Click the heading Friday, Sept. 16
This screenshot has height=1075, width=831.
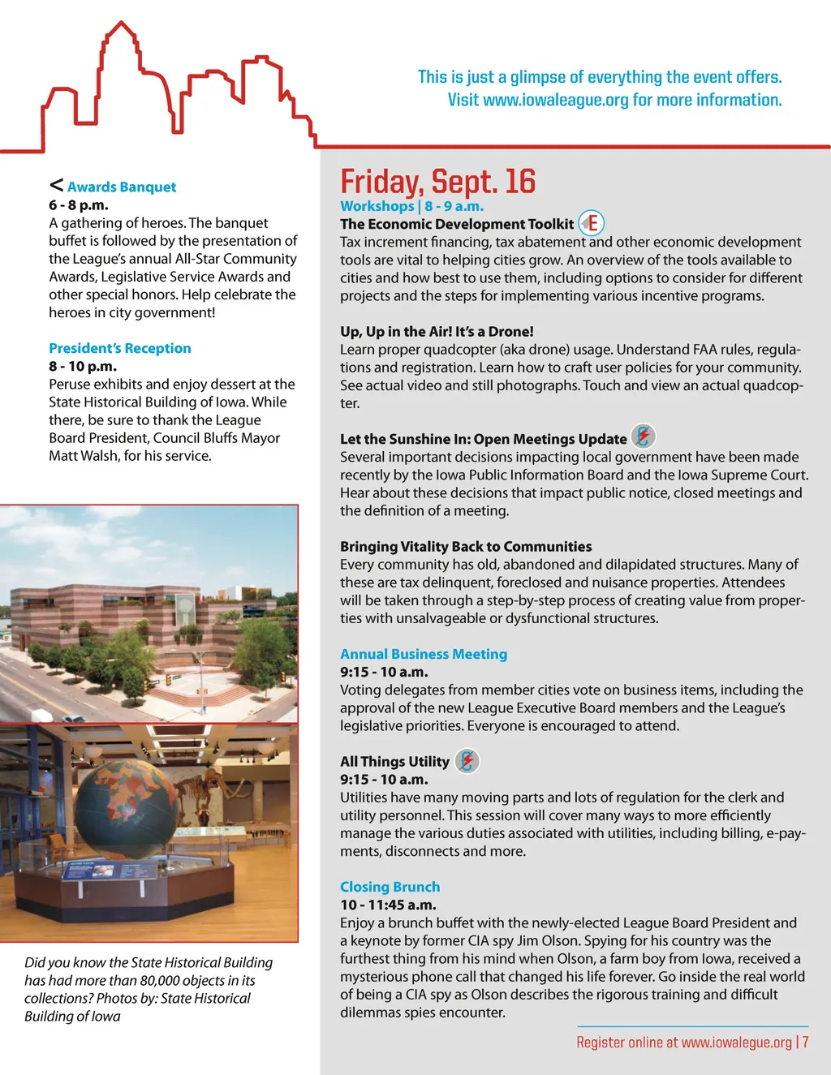[x=437, y=182]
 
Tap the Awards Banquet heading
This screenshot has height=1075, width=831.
[x=121, y=187]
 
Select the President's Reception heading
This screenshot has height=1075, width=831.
[x=119, y=348]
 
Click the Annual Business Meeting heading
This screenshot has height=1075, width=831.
[x=423, y=654]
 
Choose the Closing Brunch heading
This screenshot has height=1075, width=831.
[x=390, y=887]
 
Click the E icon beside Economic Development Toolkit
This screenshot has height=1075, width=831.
[x=592, y=223]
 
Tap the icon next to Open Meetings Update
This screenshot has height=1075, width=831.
[x=643, y=436]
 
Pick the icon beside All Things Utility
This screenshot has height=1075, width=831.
[x=467, y=760]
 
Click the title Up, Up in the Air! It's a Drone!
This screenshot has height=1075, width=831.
[x=437, y=331]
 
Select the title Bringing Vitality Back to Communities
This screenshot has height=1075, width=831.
[x=466, y=546]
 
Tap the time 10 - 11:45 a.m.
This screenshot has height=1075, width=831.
[x=388, y=905]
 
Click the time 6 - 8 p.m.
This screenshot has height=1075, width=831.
[x=78, y=204]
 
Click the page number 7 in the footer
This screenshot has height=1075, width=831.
[x=805, y=1042]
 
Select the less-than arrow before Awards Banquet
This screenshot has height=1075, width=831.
[x=56, y=185]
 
